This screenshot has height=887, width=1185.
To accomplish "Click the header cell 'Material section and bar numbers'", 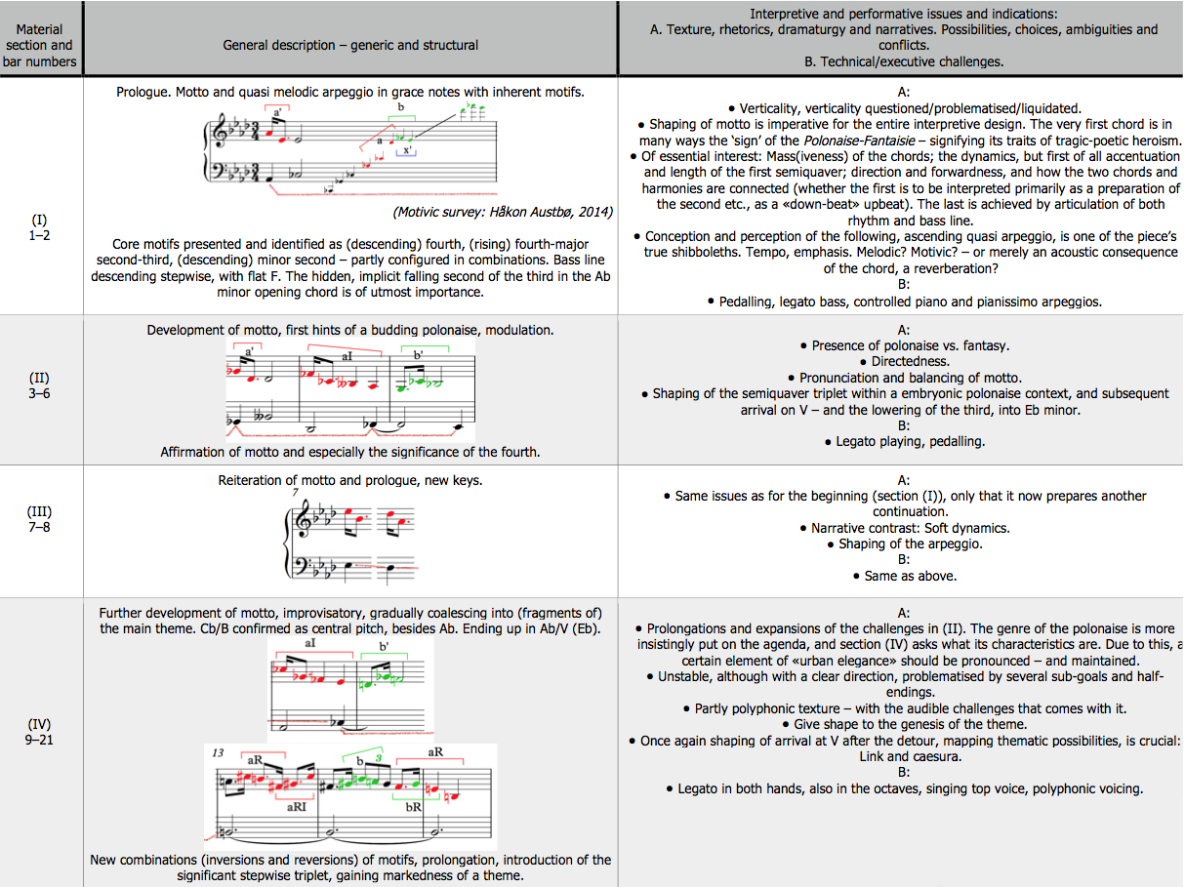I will tap(40, 45).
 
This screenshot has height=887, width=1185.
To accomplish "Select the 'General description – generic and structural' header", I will tap(350, 45).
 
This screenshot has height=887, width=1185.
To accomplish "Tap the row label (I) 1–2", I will tap(40, 227).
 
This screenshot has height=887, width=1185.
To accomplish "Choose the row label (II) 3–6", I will tap(40, 385).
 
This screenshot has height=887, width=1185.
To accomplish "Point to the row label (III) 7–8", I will tap(40, 520).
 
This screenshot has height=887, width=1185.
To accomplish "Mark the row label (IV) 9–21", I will tap(40, 734).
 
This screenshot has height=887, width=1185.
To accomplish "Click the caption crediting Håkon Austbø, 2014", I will tap(502, 212).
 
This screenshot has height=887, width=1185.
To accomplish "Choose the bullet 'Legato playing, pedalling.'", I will tap(903, 441).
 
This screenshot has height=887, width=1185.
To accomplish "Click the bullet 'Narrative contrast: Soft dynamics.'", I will tap(903, 528).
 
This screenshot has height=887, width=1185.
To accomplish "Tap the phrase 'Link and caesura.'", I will tap(903, 756).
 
